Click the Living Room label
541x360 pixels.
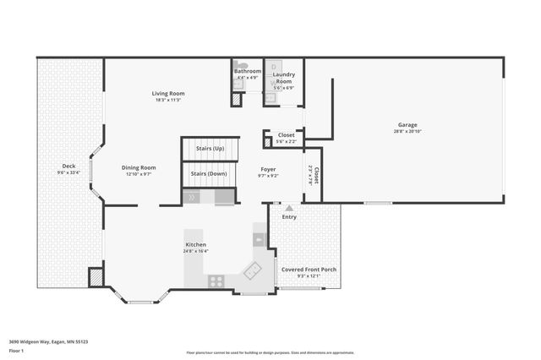168,93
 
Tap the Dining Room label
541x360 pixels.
139,167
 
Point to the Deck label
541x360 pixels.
69,166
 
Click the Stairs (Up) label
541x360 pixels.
210,148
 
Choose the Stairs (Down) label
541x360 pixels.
208,173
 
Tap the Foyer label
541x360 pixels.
268,169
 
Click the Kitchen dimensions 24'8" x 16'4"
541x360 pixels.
196,251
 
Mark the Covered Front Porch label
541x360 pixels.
309,269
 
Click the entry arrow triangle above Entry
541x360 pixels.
289,208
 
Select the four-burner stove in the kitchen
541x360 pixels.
216,281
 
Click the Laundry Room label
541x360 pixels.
283,78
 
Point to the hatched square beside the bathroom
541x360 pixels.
236,99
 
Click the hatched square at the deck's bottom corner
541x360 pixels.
96,277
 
